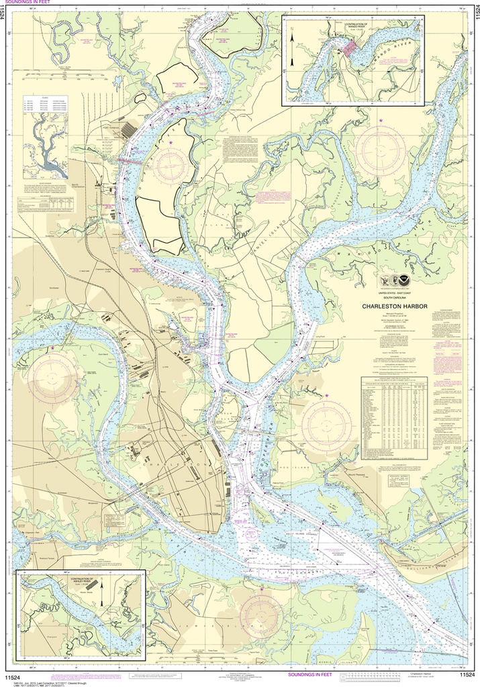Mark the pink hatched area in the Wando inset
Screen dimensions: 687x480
click(352, 49)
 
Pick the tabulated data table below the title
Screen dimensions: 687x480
click(393, 416)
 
